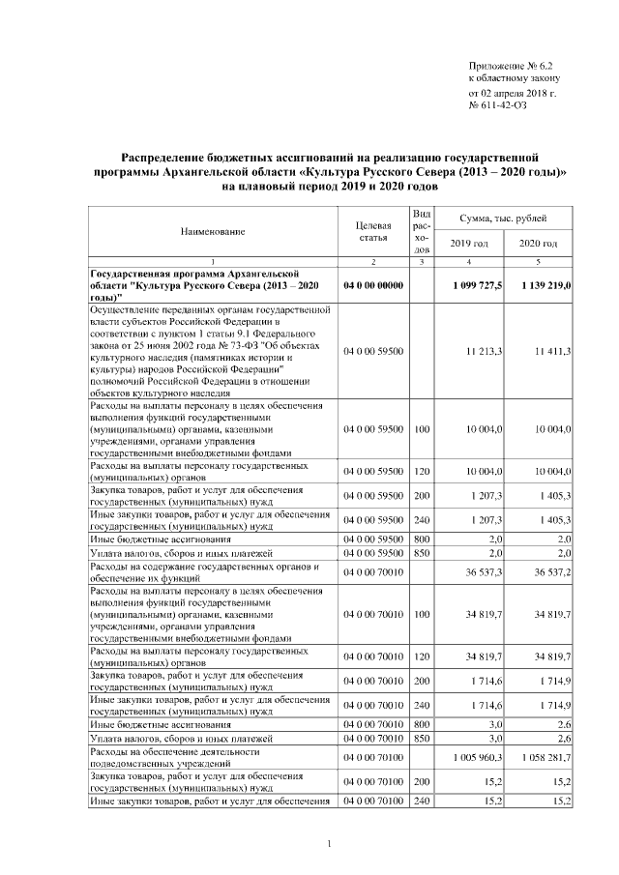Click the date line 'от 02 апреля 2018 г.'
pos(512,91)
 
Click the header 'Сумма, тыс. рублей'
pos(504,221)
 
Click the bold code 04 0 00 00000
pos(372,286)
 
